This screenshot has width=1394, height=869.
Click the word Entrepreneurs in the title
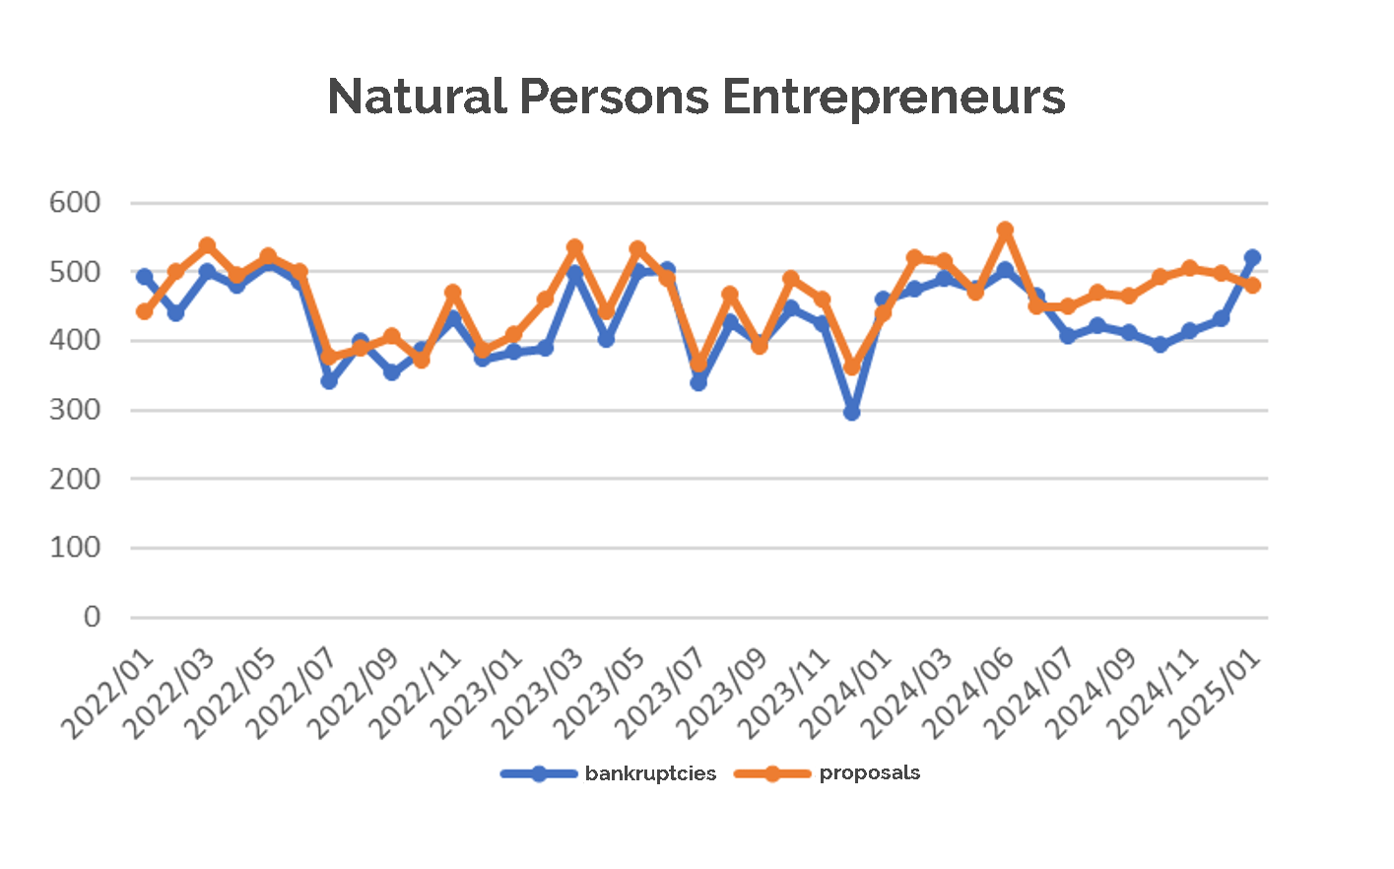893,97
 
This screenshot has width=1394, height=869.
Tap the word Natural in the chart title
416,97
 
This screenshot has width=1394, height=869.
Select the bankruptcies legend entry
650,773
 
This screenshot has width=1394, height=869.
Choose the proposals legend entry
869,773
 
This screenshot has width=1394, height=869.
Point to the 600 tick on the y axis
75,203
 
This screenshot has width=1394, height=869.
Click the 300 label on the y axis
75,410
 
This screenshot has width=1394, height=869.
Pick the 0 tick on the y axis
92,617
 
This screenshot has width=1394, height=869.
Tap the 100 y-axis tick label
75,548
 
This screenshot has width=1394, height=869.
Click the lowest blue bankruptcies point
852,412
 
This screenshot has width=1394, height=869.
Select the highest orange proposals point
1006,231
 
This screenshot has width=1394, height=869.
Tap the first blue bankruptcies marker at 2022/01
145,277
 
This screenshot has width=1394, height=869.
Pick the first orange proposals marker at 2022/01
145,311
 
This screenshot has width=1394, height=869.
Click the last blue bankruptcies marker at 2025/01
1252,258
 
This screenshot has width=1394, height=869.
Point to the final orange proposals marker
1252,286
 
